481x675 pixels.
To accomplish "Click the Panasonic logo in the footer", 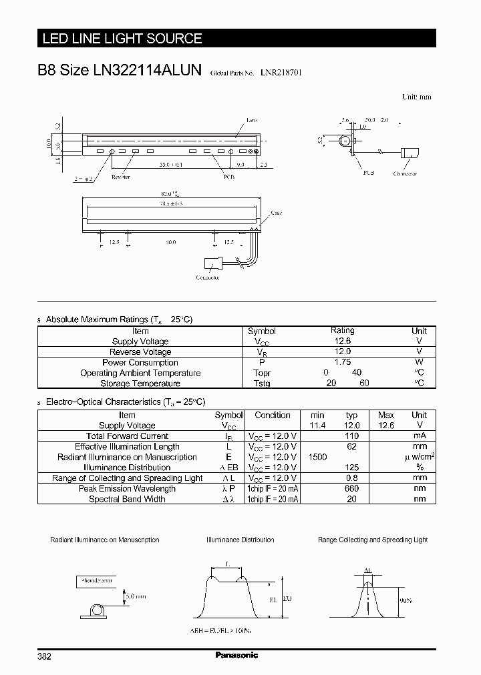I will click(236, 655).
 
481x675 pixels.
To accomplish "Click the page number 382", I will click(44, 656).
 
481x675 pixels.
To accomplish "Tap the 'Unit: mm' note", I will click(416, 97).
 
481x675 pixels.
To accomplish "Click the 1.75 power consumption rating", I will click(342, 362).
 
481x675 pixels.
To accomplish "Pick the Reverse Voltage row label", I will click(140, 352).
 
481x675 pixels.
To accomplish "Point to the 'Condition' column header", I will click(273, 415).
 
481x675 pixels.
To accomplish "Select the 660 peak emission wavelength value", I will click(351, 488).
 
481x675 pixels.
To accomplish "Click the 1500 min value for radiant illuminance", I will click(317, 457).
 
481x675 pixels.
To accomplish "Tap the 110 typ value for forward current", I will click(351, 436).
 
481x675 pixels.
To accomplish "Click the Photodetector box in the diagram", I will click(96, 582).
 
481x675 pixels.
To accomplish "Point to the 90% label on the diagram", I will click(406, 600).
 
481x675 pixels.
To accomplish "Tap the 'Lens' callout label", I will click(252, 120).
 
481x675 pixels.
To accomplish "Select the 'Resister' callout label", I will click(121, 177).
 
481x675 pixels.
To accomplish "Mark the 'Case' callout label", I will click(276, 213).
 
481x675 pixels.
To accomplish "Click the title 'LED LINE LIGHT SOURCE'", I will click(122, 39).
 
